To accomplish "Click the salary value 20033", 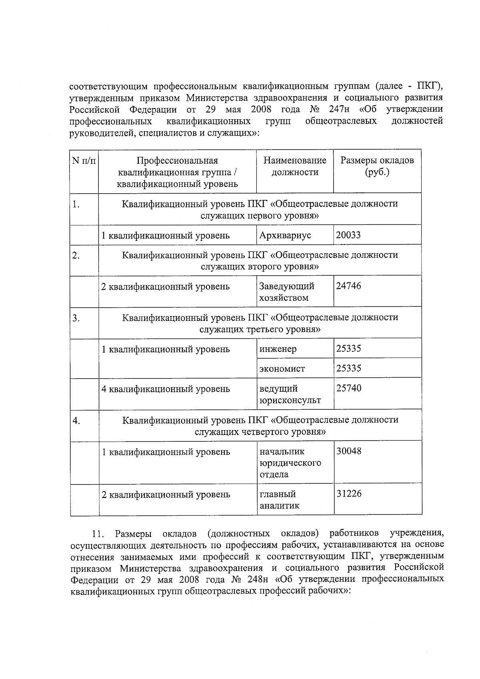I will click(x=348, y=235).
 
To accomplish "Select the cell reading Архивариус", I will click(x=285, y=235).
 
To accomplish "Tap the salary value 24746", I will click(x=348, y=286).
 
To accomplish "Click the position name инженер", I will click(x=278, y=349).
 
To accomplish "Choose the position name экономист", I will click(x=282, y=369).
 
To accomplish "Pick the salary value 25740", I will click(x=348, y=388).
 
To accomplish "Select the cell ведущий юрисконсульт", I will click(x=290, y=394).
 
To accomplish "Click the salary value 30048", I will click(x=349, y=451).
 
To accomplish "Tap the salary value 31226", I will click(x=349, y=494).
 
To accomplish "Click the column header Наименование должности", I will click(x=295, y=166).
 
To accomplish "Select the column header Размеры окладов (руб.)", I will click(x=377, y=166).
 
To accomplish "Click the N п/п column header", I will click(x=84, y=161).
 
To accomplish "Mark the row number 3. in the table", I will click(x=76, y=318).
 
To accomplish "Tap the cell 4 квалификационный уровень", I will click(x=166, y=389).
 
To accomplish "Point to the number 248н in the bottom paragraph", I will click(x=257, y=579).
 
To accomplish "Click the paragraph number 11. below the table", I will click(x=98, y=534).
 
